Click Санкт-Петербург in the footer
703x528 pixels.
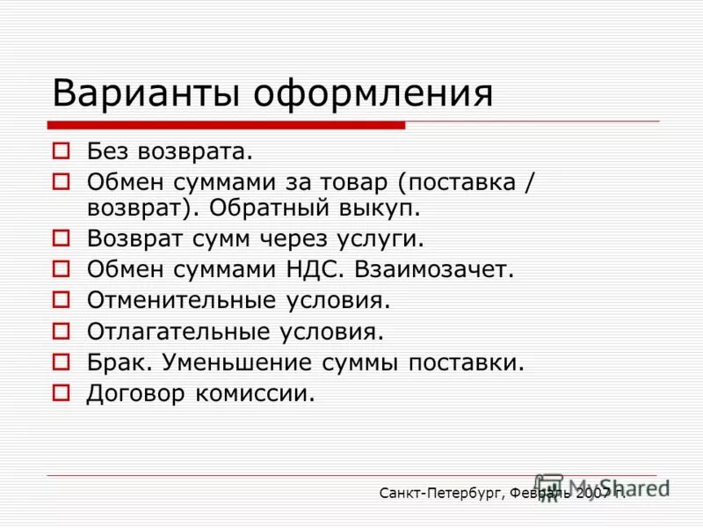(x=439, y=494)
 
